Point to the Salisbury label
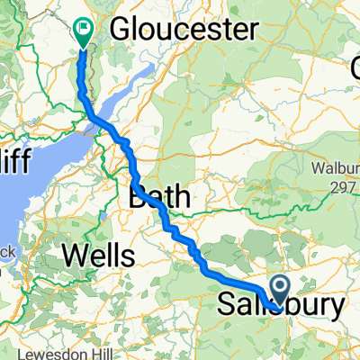(281, 306)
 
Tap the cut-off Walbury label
(335, 167)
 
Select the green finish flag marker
(84, 32)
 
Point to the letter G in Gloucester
(120, 31)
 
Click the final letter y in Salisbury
(335, 308)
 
